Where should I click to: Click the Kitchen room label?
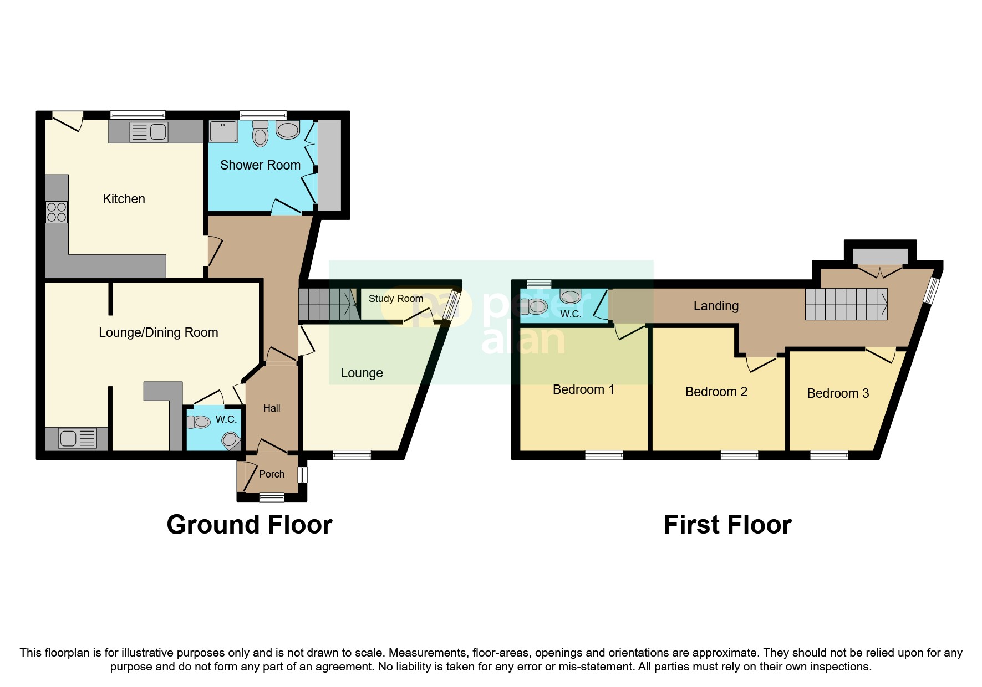124,199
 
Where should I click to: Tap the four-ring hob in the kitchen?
57,212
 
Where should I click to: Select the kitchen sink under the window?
148,132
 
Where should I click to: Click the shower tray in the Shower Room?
223,131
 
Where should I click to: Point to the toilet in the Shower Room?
260,134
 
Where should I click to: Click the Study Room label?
395,299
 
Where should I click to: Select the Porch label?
271,474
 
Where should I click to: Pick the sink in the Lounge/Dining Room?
78,438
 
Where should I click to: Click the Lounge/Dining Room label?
158,332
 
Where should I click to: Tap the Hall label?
271,408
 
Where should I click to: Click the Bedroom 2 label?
716,392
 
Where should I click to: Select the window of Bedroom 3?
828,455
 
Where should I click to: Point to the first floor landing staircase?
846,304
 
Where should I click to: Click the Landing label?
716,306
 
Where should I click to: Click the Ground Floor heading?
249,525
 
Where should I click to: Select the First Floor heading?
727,525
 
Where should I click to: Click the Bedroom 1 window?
603,455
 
